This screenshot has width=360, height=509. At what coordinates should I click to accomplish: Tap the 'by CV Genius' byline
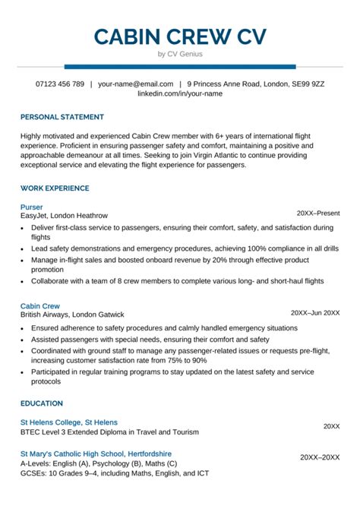[180, 54]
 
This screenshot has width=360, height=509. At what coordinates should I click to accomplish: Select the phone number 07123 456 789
[60, 84]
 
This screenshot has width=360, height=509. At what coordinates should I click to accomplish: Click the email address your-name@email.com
[135, 84]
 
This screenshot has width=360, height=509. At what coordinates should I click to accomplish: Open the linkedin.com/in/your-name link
[180, 93]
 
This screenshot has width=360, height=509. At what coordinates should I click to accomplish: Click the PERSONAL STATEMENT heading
[62, 117]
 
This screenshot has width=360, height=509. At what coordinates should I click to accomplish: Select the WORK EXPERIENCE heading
[55, 188]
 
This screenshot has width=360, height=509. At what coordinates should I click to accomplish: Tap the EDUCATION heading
[42, 403]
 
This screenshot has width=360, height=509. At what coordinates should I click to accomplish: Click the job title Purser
[32, 206]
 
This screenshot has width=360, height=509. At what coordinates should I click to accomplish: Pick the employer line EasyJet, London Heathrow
[65, 215]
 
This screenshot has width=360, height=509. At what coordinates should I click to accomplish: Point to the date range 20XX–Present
[318, 214]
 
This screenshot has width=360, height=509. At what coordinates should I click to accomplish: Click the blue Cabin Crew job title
[41, 284]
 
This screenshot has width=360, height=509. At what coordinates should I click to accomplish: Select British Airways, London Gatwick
[72, 293]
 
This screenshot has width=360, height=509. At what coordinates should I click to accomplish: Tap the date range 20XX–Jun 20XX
[315, 292]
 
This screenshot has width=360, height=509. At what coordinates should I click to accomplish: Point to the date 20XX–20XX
[319, 458]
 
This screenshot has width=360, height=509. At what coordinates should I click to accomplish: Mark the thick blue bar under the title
[180, 66]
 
